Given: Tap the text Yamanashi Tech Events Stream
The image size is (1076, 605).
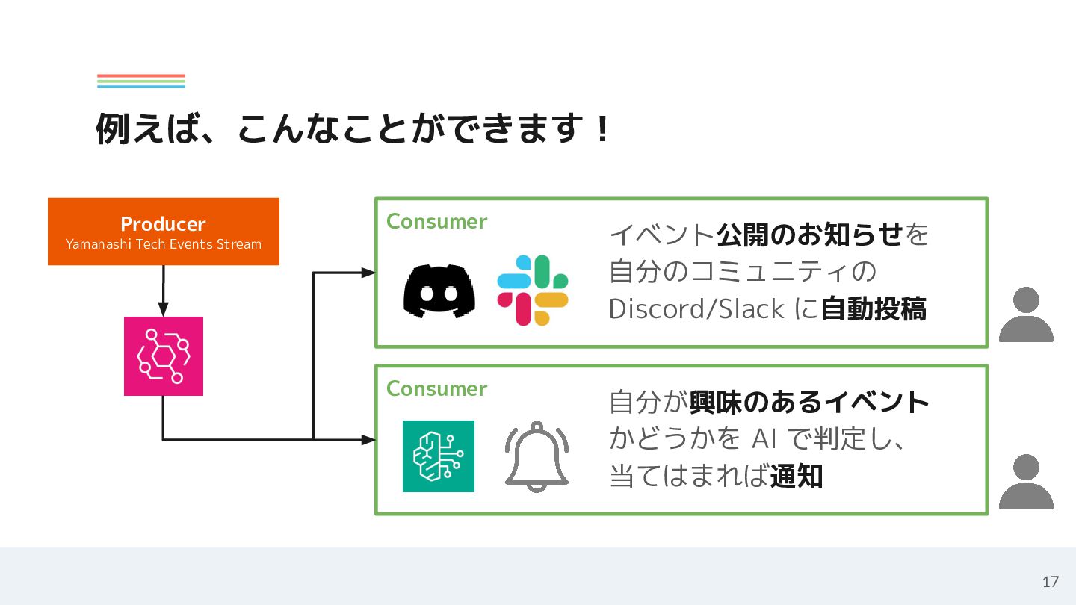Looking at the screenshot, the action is [163, 244].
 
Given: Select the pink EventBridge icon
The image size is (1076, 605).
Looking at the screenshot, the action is [163, 356].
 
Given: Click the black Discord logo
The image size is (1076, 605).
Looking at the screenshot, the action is [439, 291].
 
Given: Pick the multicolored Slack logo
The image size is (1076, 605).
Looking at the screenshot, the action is [533, 291].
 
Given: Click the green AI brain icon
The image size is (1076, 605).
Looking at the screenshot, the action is [439, 456].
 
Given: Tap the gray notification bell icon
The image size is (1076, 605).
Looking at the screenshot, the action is [537, 456].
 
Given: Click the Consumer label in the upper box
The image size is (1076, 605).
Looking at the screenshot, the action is [436, 222].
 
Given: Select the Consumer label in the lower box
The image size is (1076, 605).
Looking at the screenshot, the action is [436, 389].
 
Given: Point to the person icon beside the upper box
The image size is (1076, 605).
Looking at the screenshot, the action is [1026, 314].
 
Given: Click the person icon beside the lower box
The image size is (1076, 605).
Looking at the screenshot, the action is [1026, 482].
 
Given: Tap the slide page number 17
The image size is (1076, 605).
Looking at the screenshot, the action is [1051, 582].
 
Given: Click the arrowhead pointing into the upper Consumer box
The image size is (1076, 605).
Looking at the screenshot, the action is [368, 273].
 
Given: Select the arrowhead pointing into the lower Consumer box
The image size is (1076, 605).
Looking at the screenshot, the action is [368, 440].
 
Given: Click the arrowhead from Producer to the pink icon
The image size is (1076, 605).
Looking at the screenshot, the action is [163, 309].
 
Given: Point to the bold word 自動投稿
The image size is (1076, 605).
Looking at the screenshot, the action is [874, 308].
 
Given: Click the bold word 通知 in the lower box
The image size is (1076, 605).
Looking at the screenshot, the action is [796, 476].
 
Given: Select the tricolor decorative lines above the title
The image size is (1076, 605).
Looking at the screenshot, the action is [140, 81].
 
